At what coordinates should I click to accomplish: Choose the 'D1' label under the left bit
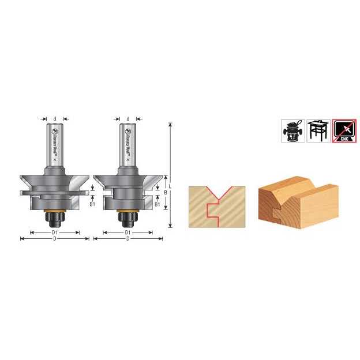pyautogui.click(x=54, y=232)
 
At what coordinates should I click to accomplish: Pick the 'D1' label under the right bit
pyautogui.click(x=128, y=232)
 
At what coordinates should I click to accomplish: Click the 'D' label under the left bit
pyautogui.click(x=54, y=239)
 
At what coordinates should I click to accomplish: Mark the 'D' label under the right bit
pyautogui.click(x=128, y=239)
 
